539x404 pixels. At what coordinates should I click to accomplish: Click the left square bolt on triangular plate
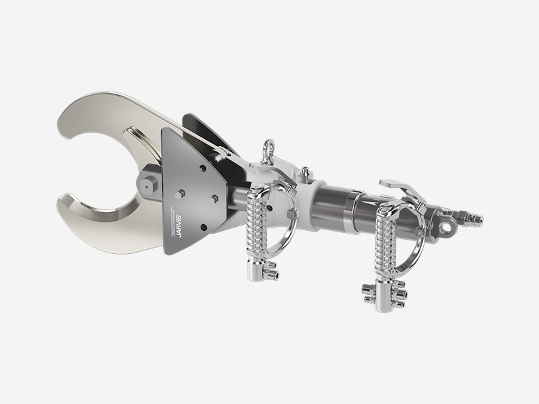coord(181,194)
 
